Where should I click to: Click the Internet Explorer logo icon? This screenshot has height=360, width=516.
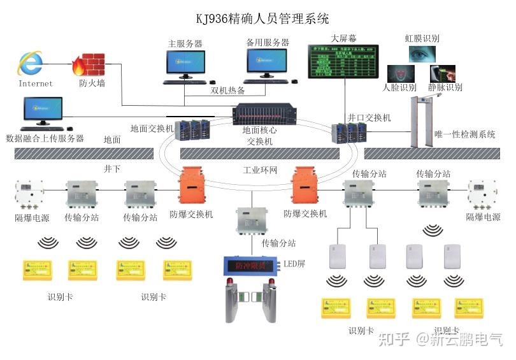pyautogui.click(x=30, y=62)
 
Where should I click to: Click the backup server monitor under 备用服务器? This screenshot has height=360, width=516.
pyautogui.click(x=267, y=64)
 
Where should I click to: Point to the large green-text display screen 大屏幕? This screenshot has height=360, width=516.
pyautogui.click(x=343, y=61)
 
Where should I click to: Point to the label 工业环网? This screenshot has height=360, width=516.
pyautogui.click(x=261, y=171)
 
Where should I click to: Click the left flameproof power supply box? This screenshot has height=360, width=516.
pyautogui.click(x=29, y=194)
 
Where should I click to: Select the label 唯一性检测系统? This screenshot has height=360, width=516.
pyautogui.click(x=464, y=134)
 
